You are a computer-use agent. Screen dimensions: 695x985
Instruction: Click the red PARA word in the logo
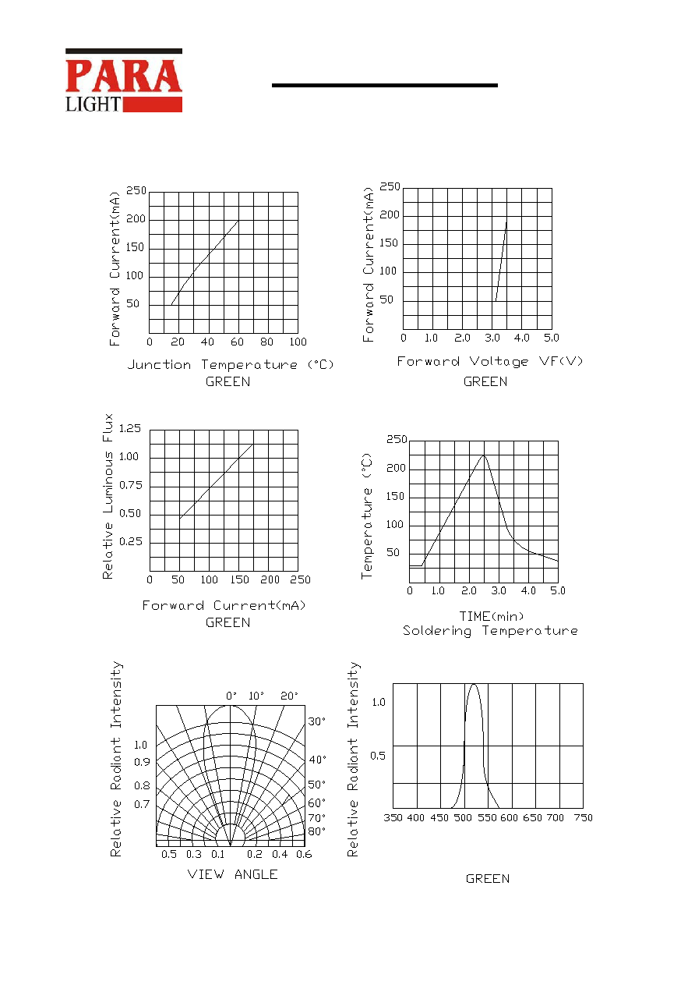coord(123,76)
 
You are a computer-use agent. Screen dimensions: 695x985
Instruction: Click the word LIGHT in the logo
coord(93,105)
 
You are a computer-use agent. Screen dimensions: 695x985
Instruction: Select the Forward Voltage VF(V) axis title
coord(490,361)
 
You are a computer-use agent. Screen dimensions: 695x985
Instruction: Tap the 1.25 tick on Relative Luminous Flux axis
coord(130,428)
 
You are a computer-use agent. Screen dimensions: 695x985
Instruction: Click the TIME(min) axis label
coord(492,616)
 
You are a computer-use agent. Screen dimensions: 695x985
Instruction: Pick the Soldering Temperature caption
coord(490,631)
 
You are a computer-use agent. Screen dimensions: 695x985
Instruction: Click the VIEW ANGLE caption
coord(232,874)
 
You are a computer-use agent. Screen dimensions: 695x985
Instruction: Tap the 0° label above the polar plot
coord(231,696)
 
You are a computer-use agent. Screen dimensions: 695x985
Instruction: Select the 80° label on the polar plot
coord(317,831)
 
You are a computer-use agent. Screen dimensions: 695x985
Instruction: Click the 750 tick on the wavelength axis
coord(584,817)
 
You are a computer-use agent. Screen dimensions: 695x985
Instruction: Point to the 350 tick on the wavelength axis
coord(393,817)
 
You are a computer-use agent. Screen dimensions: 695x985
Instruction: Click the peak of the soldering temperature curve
coord(484,455)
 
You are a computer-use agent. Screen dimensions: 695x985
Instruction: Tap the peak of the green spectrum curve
coord(474,684)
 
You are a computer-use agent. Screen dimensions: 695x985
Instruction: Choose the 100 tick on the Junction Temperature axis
coord(298,342)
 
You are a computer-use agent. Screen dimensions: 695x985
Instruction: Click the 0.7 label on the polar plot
coord(142,804)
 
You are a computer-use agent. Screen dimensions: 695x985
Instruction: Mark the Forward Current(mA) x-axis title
coord(224,605)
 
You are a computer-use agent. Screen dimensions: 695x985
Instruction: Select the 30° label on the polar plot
coord(317,721)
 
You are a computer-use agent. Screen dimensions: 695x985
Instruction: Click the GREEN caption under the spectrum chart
coord(488,879)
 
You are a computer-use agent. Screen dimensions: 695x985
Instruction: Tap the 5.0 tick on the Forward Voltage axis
coord(552,338)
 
